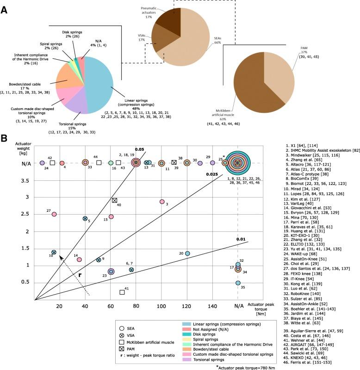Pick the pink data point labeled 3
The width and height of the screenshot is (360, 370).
[162, 215]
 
